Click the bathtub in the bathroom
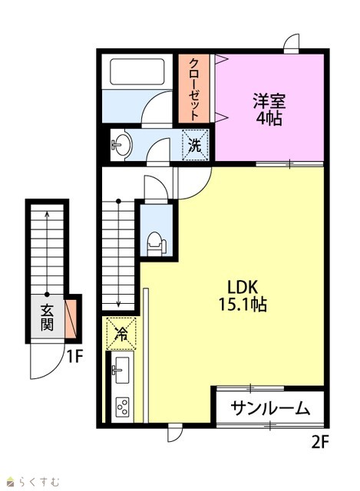[x=137, y=71]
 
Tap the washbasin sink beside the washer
[x=121, y=145]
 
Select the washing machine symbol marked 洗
[x=196, y=145]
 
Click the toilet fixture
[x=156, y=244]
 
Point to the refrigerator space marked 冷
[x=121, y=334]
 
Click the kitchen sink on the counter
[x=121, y=370]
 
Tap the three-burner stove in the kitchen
[x=122, y=407]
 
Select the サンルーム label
[x=270, y=408]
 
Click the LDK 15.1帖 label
[x=243, y=295]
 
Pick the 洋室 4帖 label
[x=269, y=109]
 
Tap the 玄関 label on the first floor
[x=47, y=317]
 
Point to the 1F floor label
[x=74, y=356]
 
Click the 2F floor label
[x=319, y=442]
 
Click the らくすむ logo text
[x=38, y=481]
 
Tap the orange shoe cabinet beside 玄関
[x=71, y=319]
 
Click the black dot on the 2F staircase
[x=118, y=201]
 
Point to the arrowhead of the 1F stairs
[x=47, y=214]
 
